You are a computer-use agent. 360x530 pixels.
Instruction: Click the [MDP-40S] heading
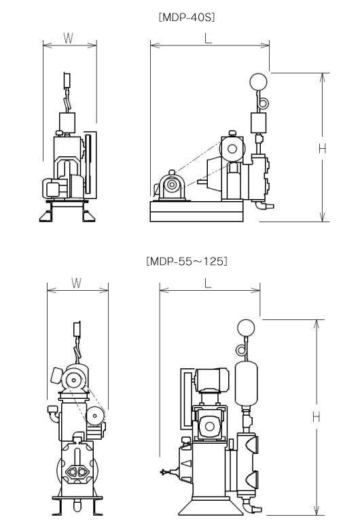coord(187,17)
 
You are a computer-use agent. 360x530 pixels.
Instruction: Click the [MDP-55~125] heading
coord(187,262)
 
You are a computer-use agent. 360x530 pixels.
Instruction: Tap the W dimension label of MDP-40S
coord(69,38)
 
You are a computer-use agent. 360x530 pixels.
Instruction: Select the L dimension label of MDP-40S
coord(209,39)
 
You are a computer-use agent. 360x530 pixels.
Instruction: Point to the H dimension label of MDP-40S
coord(323,148)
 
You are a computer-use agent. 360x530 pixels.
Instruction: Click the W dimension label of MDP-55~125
coord(77,283)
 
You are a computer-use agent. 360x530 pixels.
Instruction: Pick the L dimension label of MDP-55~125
coord(208,283)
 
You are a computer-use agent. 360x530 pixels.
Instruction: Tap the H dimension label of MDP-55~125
coord(316,417)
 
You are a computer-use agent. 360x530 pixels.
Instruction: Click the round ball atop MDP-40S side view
coord(258,82)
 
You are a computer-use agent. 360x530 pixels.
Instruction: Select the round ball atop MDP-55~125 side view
coord(246,328)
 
